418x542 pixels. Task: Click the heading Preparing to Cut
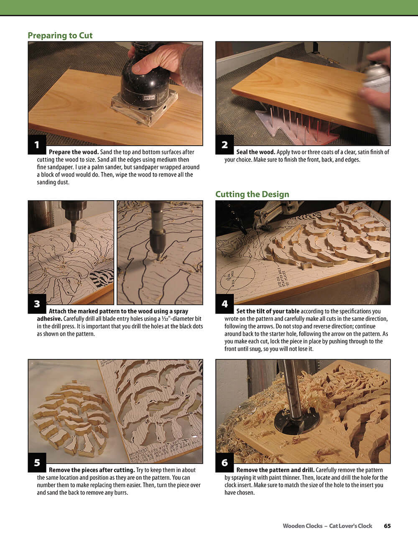pos(60,36)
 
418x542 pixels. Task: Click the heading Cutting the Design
pos(252,194)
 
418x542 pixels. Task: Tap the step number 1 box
pos(37,145)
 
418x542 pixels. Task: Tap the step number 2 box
pos(224,145)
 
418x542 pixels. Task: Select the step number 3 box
pos(37,304)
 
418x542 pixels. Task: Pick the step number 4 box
pos(224,304)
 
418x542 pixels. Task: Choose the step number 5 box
pos(37,463)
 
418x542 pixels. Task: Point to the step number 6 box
pos(224,463)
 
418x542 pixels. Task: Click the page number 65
pos(387,526)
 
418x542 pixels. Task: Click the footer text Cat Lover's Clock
pos(350,526)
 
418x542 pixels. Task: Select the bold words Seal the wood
pos(255,152)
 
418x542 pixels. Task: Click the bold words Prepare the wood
pos(74,152)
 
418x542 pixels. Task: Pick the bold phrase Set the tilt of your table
pos(268,311)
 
